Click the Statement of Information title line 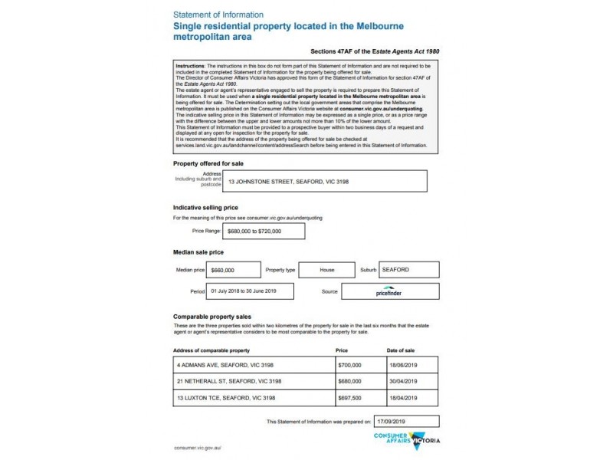click(x=218, y=15)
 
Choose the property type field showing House click(x=326, y=270)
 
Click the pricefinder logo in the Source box click(x=390, y=292)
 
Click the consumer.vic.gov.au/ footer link click(x=197, y=447)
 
